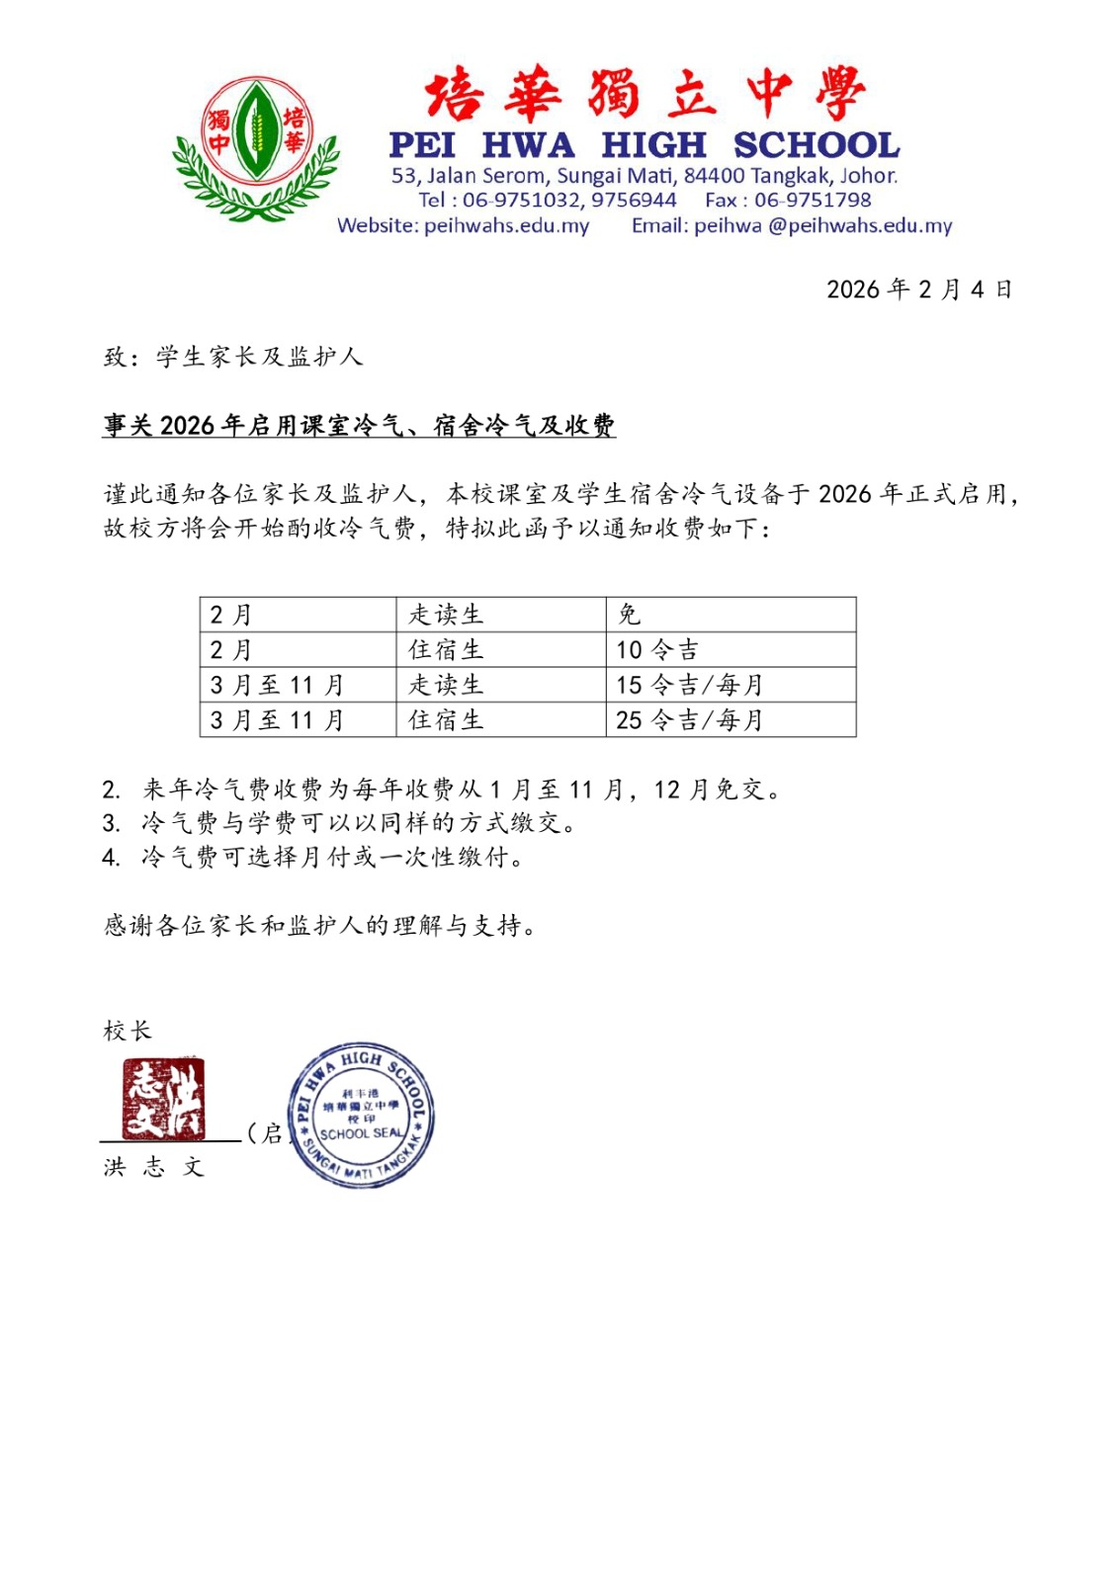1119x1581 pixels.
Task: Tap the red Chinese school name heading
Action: click(x=645, y=94)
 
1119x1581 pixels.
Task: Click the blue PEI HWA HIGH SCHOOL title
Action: click(x=645, y=145)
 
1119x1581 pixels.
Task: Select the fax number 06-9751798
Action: click(x=813, y=201)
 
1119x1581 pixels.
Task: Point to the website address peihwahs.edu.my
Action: click(x=506, y=226)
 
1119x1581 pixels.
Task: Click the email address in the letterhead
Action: click(x=822, y=226)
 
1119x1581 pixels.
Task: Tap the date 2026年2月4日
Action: click(x=918, y=290)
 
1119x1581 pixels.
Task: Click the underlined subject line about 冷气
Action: click(x=359, y=426)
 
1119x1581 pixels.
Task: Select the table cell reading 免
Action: click(x=630, y=615)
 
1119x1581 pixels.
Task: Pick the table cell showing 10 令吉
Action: click(x=657, y=650)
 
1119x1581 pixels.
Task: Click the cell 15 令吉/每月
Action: click(x=689, y=685)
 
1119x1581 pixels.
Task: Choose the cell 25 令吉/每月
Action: click(x=689, y=720)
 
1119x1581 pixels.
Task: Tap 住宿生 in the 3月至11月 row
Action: click(x=446, y=720)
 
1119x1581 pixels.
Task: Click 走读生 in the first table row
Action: click(x=446, y=615)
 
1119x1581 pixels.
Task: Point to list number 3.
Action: click(x=111, y=823)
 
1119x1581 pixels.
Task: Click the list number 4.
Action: click(x=111, y=857)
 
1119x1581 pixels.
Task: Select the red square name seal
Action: click(x=163, y=1098)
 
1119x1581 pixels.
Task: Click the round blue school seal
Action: click(x=361, y=1115)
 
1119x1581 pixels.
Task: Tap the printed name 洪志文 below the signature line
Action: click(x=153, y=1167)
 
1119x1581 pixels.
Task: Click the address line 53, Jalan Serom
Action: click(x=645, y=176)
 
